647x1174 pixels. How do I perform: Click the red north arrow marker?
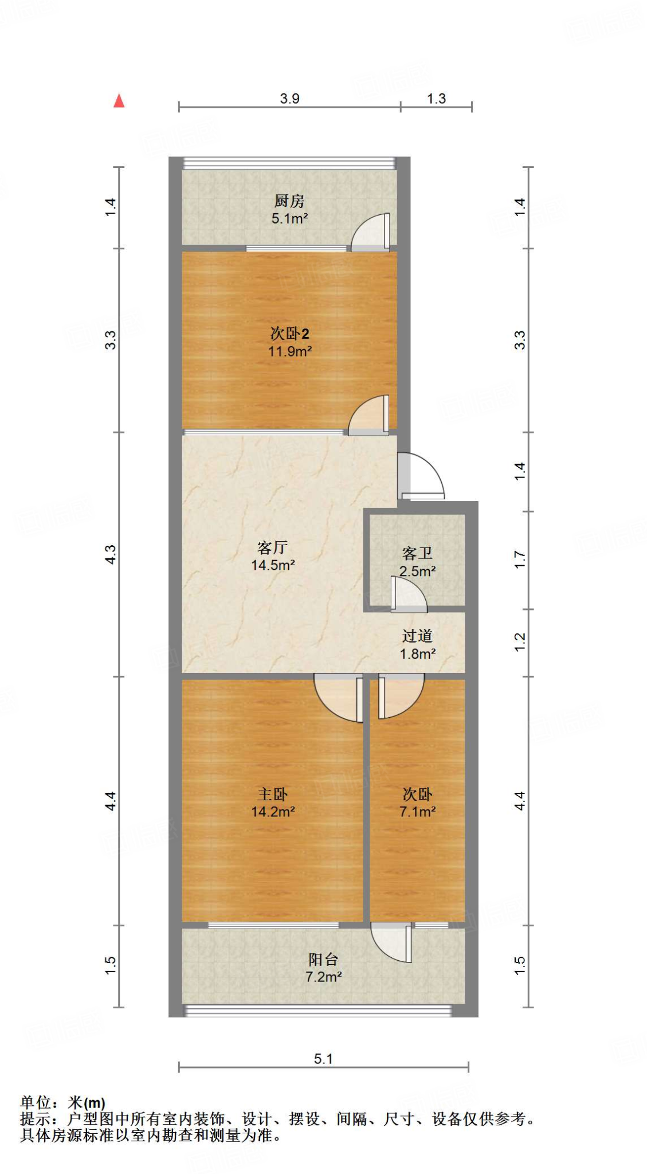[119, 101]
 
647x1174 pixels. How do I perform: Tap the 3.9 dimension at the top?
[289, 99]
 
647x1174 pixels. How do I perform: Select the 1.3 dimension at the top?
[436, 99]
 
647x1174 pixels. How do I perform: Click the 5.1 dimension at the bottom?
[323, 1058]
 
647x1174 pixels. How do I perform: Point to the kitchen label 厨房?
[289, 201]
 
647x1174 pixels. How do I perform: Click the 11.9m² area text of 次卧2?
[289, 351]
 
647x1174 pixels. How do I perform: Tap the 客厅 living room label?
[272, 548]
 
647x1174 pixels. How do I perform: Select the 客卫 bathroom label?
[417, 553]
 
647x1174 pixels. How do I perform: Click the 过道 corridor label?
[417, 636]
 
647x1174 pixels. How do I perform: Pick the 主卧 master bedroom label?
[272, 794]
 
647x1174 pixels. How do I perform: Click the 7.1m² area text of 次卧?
[417, 812]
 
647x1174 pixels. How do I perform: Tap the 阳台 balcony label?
[323, 959]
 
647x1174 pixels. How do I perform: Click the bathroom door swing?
[408, 593]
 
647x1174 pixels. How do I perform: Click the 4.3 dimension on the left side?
[111, 554]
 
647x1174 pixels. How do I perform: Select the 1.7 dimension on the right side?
[519, 559]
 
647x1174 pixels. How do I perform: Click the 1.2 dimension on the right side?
[519, 642]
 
